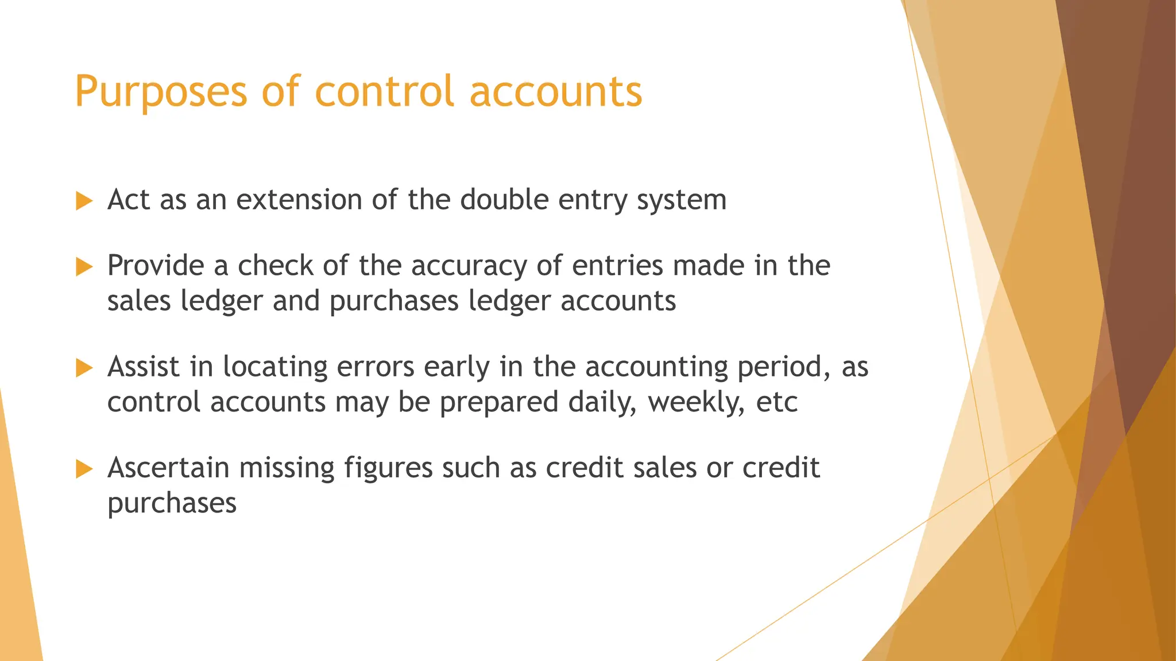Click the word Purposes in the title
161,92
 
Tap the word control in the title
384,92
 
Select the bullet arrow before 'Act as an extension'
84,201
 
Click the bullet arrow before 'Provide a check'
84,267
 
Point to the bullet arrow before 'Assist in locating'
84,368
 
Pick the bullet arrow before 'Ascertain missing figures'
84,469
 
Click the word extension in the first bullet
299,200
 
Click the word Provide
156,266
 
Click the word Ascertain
168,468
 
